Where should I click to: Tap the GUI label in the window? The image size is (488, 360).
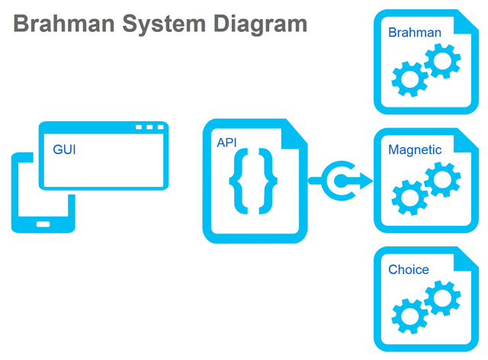click(x=64, y=149)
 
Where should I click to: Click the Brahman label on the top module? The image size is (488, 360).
click(x=414, y=33)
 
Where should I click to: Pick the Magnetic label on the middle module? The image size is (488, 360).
click(x=415, y=150)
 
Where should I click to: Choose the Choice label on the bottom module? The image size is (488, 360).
click(x=409, y=270)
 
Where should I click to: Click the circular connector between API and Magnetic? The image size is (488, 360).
click(x=336, y=181)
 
